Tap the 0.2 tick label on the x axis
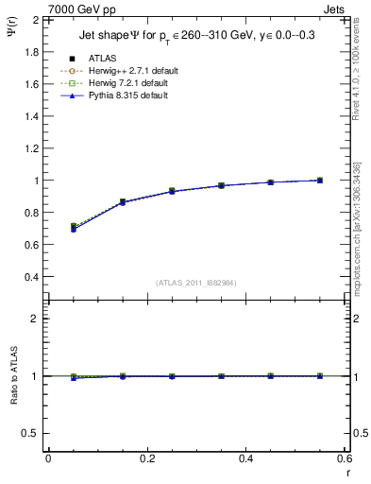[146, 458]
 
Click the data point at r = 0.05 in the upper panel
[73, 227]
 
